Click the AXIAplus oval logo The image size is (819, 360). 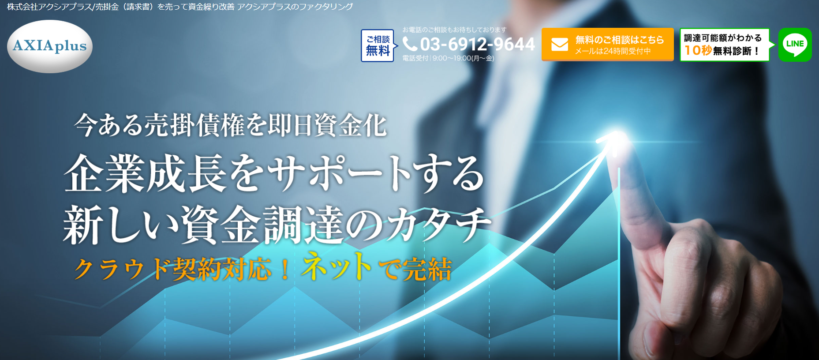50,46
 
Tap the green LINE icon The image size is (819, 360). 795,45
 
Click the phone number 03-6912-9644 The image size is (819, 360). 477,44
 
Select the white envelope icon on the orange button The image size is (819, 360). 560,45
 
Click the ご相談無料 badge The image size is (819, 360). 378,45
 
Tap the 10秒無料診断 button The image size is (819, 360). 725,45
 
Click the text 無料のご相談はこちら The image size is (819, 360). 619,40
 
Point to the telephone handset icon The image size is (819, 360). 410,44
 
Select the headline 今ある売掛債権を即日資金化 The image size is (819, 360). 230,125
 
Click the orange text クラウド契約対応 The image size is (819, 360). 172,269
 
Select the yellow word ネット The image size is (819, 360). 337,266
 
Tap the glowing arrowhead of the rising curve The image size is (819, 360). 611,139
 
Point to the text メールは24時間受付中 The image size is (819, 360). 613,51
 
